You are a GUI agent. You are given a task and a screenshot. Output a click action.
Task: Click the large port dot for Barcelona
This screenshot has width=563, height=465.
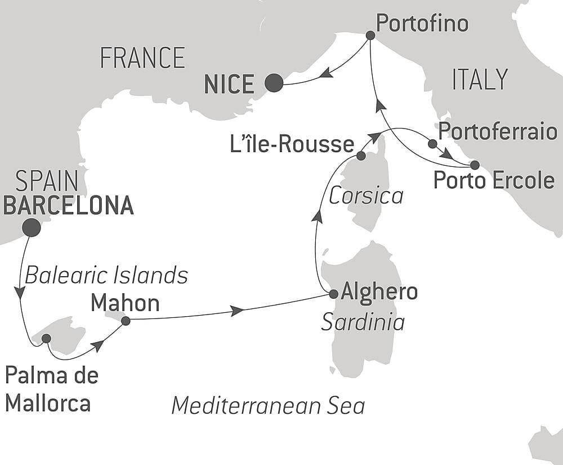[31, 227]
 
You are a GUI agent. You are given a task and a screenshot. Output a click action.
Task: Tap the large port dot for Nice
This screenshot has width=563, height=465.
[274, 83]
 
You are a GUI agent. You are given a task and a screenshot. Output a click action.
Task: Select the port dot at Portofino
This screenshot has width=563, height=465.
[370, 35]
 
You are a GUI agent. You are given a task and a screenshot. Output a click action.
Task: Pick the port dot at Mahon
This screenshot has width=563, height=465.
[126, 321]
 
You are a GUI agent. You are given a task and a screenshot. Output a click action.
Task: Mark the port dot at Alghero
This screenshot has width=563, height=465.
[333, 294]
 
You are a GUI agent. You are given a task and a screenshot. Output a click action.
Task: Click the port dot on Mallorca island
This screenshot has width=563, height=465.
[46, 338]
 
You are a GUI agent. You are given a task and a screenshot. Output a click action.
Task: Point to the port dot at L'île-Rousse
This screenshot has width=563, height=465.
[361, 156]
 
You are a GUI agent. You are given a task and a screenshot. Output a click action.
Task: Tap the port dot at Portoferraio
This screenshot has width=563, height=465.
[432, 144]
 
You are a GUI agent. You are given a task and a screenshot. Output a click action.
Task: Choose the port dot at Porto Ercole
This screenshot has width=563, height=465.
[475, 165]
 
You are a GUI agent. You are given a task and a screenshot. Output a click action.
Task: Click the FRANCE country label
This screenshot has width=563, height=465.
[142, 58]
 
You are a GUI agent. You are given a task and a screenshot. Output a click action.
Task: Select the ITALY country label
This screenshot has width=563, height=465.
[480, 79]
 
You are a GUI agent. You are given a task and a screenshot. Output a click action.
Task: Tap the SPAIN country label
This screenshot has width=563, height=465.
[47, 182]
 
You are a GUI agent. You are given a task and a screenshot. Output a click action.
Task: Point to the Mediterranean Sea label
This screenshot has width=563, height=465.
[268, 405]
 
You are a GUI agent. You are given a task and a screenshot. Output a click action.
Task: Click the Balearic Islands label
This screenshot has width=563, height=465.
[106, 276]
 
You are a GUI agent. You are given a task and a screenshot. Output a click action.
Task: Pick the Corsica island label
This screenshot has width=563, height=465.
[366, 196]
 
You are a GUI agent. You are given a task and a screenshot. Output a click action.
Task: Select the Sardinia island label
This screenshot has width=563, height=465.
[363, 322]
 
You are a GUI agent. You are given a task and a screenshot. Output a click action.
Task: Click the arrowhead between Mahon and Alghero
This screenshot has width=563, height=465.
[237, 311]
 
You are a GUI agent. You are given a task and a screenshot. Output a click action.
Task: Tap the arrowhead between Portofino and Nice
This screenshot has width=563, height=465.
[326, 72]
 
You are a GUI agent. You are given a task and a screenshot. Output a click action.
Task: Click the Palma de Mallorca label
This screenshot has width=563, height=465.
[52, 389]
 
